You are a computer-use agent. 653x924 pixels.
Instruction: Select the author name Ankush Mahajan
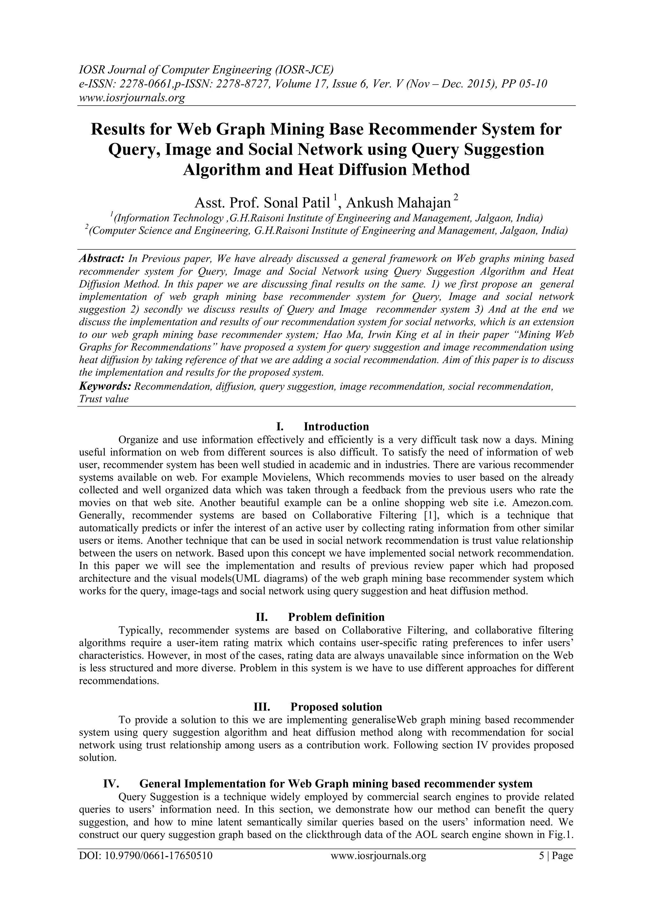pyautogui.click(x=398, y=202)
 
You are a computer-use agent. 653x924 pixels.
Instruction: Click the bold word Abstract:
pyautogui.click(x=102, y=258)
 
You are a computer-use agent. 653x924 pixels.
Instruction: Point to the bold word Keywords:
pyautogui.click(x=105, y=386)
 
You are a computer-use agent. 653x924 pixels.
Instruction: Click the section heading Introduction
pyautogui.click(x=336, y=427)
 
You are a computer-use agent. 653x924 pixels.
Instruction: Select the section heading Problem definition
pyautogui.click(x=336, y=617)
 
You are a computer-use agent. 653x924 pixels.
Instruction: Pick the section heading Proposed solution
pyautogui.click(x=336, y=707)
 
